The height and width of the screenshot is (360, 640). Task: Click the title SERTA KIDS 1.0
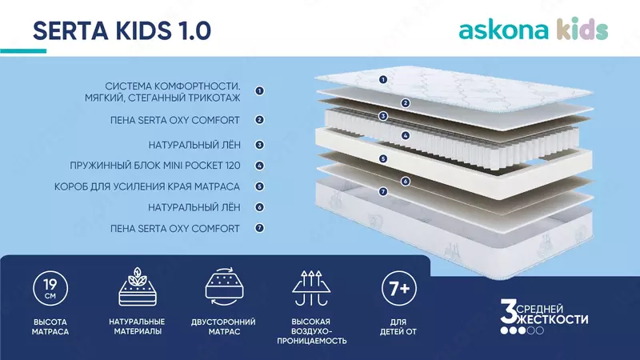tap(122, 30)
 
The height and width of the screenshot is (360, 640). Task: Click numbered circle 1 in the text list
tap(259, 91)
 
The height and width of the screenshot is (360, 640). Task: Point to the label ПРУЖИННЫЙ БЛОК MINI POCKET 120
tap(167, 166)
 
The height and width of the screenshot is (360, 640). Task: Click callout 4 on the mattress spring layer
tap(406, 136)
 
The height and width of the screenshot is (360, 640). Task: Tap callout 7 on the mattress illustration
tap(383, 192)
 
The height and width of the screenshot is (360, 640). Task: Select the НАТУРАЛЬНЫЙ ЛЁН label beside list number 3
tap(194, 146)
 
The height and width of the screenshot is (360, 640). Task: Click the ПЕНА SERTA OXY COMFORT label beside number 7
tap(175, 229)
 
